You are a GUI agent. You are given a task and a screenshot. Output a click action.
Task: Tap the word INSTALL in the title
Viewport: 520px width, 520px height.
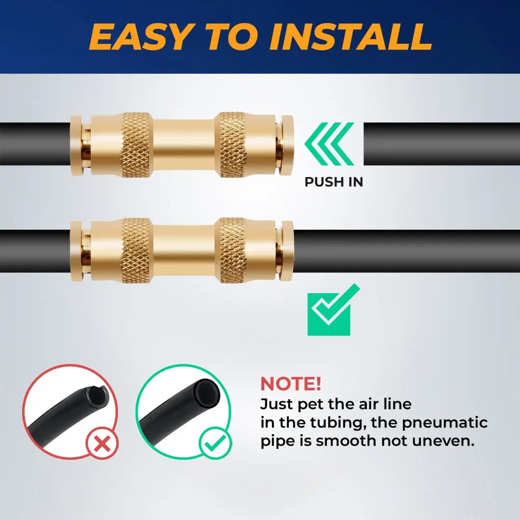(351, 37)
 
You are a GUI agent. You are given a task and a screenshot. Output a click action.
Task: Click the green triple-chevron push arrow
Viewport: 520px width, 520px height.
(329, 143)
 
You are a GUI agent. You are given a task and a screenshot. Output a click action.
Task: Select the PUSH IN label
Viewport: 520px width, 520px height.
(334, 182)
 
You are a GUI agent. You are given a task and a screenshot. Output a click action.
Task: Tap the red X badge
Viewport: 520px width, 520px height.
(102, 443)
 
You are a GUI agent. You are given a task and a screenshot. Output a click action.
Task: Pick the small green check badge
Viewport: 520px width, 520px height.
(215, 443)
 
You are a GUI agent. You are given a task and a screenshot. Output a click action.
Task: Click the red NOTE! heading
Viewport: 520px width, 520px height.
(290, 384)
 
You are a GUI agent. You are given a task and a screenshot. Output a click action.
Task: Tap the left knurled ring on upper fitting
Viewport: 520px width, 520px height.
(136, 144)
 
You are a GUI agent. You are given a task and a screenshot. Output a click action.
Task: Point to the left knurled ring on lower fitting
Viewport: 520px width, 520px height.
(136, 251)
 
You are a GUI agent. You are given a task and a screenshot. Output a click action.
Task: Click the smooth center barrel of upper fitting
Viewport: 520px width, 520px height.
(184, 144)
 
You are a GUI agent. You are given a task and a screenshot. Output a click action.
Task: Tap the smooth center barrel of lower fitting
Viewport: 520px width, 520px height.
(184, 251)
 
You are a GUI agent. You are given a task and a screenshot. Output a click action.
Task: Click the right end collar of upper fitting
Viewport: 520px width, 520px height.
(286, 145)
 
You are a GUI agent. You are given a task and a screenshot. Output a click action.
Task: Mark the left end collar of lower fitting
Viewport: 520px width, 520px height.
(77, 251)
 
